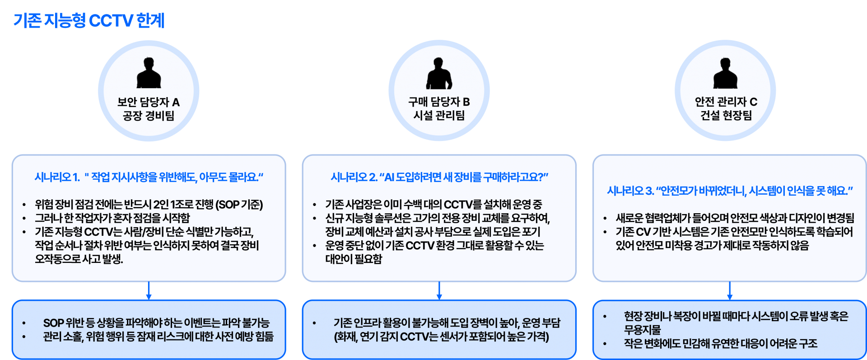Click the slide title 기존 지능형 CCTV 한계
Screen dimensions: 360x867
coord(89,21)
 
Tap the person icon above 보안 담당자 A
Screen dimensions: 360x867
coord(149,73)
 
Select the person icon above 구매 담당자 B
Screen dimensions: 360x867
coord(439,73)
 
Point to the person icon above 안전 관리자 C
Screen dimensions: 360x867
coord(725,73)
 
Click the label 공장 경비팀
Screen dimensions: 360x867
coord(149,116)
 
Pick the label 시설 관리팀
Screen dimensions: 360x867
coord(439,116)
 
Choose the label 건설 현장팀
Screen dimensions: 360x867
coord(726,116)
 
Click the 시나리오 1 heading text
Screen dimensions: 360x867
coord(149,177)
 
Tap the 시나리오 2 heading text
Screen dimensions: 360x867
coord(439,177)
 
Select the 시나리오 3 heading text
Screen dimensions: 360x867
coord(729,191)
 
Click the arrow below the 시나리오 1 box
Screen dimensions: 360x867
coord(149,291)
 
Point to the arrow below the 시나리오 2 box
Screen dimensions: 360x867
coord(439,291)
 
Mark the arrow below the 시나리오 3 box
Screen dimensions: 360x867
coord(729,291)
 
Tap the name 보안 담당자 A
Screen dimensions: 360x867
coord(149,102)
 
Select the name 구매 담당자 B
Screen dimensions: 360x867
coord(439,102)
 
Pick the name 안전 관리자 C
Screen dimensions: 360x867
coord(726,102)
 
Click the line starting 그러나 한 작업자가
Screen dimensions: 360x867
coord(112,218)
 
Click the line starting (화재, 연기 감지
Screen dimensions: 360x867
coord(441,337)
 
